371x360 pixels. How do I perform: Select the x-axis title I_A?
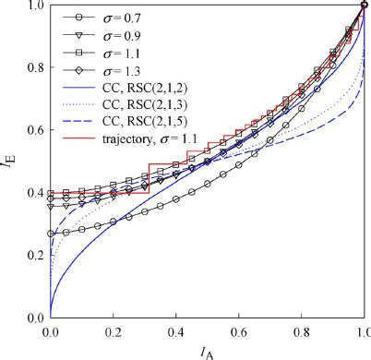click(x=209, y=350)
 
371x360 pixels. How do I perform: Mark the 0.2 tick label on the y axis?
click(x=37, y=256)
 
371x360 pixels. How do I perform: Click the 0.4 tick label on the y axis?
click(x=37, y=193)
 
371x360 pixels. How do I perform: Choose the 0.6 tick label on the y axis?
click(x=37, y=130)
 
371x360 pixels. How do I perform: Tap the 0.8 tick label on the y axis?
click(x=37, y=68)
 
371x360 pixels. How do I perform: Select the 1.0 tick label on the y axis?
click(x=37, y=6)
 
